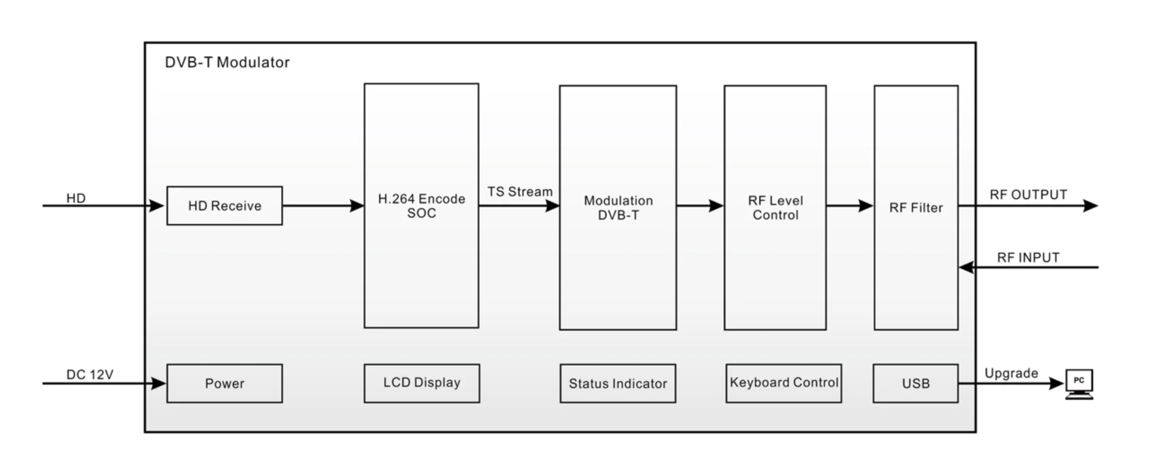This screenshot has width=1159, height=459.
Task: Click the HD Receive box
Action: pyautogui.click(x=225, y=206)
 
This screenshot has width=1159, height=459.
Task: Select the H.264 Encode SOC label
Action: pyautogui.click(x=422, y=206)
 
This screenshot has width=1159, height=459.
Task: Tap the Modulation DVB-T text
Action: pyautogui.click(x=618, y=208)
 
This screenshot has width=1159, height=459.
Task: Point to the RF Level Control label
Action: pyautogui.click(x=775, y=208)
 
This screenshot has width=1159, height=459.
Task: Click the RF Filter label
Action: pyautogui.click(x=915, y=208)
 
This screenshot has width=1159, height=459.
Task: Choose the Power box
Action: pyautogui.click(x=225, y=384)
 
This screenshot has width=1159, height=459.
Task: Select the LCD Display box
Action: pyautogui.click(x=422, y=383)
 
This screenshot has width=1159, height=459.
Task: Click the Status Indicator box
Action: pyautogui.click(x=618, y=384)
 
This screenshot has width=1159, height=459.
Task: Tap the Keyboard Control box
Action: pyautogui.click(x=783, y=383)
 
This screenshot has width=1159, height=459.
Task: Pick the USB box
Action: pyautogui.click(x=915, y=384)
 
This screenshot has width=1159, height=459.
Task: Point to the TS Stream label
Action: pyautogui.click(x=520, y=192)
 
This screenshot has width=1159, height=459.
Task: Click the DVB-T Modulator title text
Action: pyautogui.click(x=227, y=62)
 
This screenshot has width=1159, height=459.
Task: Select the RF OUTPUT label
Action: pyautogui.click(x=1028, y=195)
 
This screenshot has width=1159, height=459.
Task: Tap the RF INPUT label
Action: pyautogui.click(x=1028, y=258)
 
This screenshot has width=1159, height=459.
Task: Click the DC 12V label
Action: pyautogui.click(x=90, y=374)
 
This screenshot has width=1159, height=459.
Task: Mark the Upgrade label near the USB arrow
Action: pyautogui.click(x=1011, y=373)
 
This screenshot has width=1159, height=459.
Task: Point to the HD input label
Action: pyautogui.click(x=76, y=198)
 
